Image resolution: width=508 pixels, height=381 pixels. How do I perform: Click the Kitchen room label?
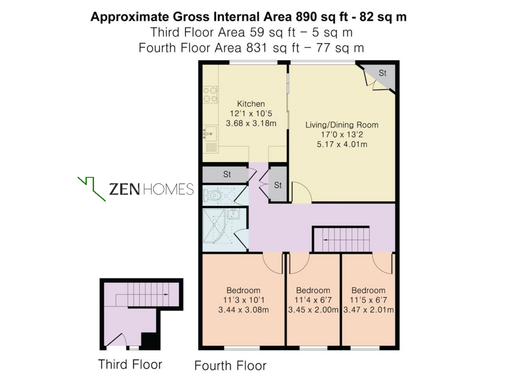coord(251,104)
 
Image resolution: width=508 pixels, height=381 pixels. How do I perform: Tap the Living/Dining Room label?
coord(342,125)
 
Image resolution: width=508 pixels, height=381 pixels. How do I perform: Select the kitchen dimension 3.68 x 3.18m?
coord(251,123)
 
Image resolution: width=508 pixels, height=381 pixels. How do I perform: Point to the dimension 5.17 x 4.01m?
coord(342,144)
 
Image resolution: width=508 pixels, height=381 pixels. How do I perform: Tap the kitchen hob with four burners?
coord(210,94)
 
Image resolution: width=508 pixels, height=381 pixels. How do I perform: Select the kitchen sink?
coord(210,133)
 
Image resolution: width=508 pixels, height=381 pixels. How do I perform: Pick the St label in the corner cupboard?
coord(382,73)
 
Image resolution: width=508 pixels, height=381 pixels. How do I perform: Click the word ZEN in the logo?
coord(125,189)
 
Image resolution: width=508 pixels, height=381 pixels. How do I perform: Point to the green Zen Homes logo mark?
coord(92,189)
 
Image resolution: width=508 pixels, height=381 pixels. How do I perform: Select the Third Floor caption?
coord(130,365)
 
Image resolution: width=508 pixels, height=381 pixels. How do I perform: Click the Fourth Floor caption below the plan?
coord(230,366)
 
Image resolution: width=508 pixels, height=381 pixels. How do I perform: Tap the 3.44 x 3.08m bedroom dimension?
coord(243,310)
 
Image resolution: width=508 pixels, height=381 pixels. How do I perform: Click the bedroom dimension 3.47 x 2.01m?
coord(369,310)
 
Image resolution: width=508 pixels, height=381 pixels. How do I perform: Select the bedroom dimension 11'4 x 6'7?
coord(313,300)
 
